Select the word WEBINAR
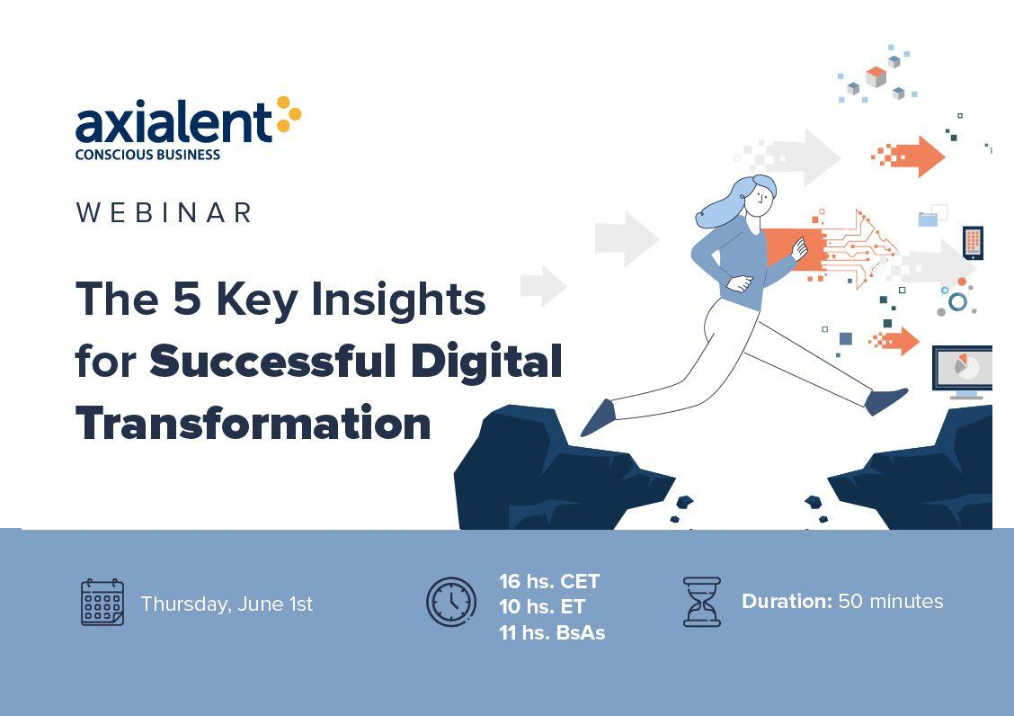pos(165,213)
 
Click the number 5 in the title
pos(187,299)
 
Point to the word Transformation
pos(253,423)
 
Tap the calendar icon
pos(102,602)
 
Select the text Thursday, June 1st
pos(227,604)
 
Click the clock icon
pos(450,602)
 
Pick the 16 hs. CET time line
pos(549,581)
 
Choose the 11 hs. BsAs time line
pos(552,632)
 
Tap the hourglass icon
pos(702,602)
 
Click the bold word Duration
pos(787,602)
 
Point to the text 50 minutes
pos(891,602)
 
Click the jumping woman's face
pos(760,199)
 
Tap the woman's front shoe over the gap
pos(886,401)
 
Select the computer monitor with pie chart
pos(962,371)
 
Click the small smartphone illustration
pos(973,243)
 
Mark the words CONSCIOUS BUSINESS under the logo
pos(147,155)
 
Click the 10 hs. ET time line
pos(542,606)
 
